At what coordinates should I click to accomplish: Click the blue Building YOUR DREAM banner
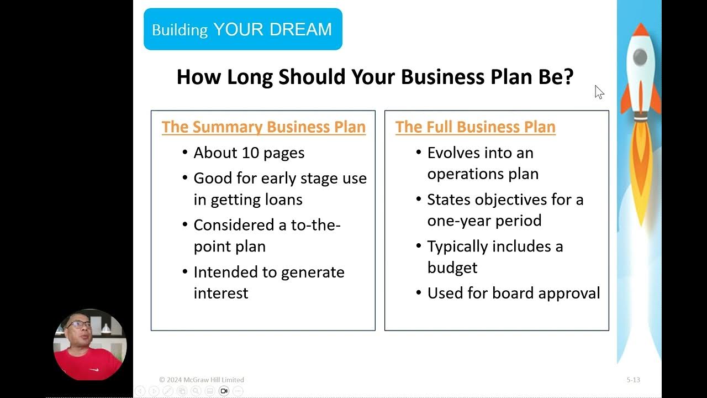(x=242, y=29)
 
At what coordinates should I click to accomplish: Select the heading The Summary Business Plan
(x=263, y=127)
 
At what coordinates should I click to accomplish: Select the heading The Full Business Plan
(x=475, y=127)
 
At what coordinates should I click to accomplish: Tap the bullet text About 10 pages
(x=249, y=153)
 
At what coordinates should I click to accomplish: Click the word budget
(x=452, y=267)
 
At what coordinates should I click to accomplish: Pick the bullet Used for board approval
(x=513, y=292)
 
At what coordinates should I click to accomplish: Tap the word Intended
(x=227, y=272)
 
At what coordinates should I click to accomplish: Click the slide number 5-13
(x=633, y=380)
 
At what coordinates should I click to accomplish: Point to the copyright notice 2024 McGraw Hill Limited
(x=202, y=380)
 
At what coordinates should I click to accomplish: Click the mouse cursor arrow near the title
(x=599, y=92)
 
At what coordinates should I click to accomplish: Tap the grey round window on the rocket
(x=640, y=56)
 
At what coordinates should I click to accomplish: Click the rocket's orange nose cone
(x=640, y=32)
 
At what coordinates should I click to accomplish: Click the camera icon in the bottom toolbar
(x=224, y=391)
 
